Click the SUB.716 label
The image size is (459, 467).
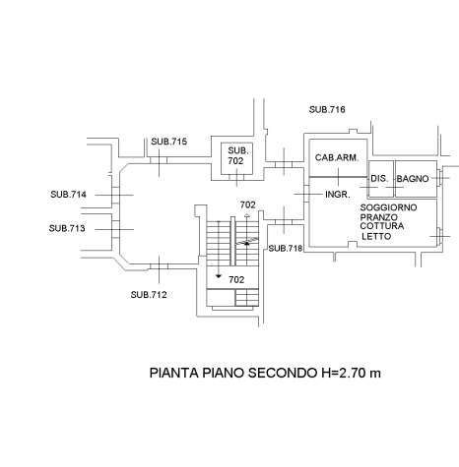tap(327, 109)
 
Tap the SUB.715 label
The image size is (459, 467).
tap(168, 142)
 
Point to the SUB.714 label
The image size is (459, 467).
tap(68, 195)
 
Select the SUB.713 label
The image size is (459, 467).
tap(67, 228)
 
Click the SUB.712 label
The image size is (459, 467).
tap(149, 295)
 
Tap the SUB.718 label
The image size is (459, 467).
tap(286, 249)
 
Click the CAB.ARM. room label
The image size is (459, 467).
tap(336, 157)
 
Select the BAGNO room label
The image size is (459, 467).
tap(413, 179)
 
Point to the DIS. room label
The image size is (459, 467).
tap(379, 179)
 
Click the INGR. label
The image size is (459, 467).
tap(338, 195)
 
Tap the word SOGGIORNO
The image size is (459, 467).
tap(388, 207)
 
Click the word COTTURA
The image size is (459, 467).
tap(382, 226)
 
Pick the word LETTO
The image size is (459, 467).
tap(376, 236)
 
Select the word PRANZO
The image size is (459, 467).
tap(379, 217)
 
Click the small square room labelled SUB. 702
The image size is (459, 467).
tap(236, 158)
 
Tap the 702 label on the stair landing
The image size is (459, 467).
tap(236, 279)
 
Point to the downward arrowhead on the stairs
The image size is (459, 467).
tap(219, 276)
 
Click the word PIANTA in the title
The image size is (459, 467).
tap(174, 373)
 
